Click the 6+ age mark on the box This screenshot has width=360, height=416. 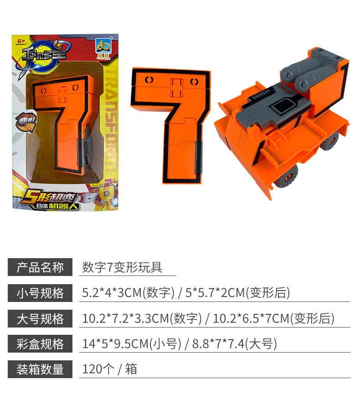tap(21, 42)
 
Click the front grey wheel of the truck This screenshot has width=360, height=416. tap(285, 177)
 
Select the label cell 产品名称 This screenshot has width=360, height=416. tap(40, 267)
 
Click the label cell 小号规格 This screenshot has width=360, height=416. tap(40, 293)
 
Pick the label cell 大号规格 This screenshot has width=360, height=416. tap(40, 318)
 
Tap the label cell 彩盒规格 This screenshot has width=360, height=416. tap(40, 344)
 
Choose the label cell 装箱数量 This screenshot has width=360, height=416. tap(40, 369)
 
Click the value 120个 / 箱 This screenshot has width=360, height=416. tap(109, 369)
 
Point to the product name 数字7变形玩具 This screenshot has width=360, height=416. tap(122, 267)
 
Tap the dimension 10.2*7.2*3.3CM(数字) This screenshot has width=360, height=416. tap(142, 318)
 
